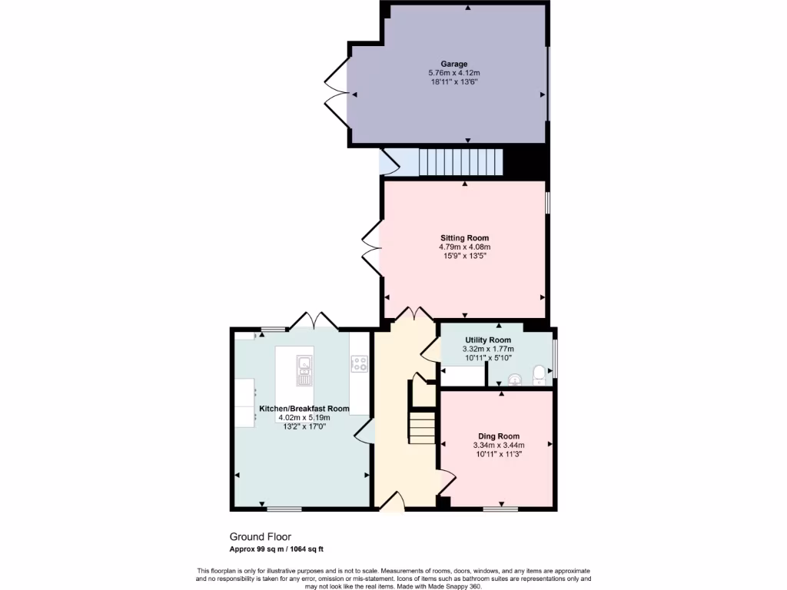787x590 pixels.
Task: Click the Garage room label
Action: tap(453, 64)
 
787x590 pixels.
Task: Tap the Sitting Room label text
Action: tap(464, 238)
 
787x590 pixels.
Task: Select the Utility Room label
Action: tap(488, 340)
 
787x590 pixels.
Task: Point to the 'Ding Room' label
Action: tap(499, 436)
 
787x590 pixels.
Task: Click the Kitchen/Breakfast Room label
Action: tap(304, 409)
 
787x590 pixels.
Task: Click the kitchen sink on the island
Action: tap(304, 370)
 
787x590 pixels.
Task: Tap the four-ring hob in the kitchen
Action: tap(358, 364)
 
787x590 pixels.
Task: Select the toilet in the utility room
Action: tap(540, 374)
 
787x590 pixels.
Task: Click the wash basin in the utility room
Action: tap(514, 377)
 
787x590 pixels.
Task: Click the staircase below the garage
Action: tap(460, 162)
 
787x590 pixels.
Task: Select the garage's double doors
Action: tap(336, 93)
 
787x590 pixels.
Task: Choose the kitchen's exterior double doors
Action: tap(313, 320)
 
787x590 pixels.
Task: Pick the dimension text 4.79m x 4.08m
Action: tap(464, 247)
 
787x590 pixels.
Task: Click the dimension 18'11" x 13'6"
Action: tap(453, 81)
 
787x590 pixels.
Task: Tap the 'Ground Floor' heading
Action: tap(261, 537)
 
